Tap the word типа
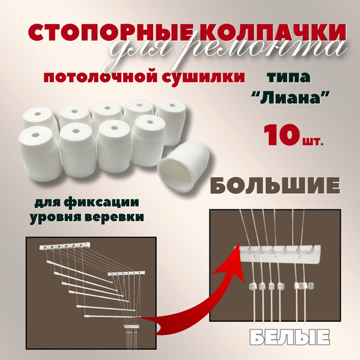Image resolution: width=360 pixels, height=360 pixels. [289, 77]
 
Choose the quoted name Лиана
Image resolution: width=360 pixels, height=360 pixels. [290, 98]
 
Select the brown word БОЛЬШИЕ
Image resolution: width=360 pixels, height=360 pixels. [275, 186]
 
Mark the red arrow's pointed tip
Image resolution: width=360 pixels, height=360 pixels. [238, 242]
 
